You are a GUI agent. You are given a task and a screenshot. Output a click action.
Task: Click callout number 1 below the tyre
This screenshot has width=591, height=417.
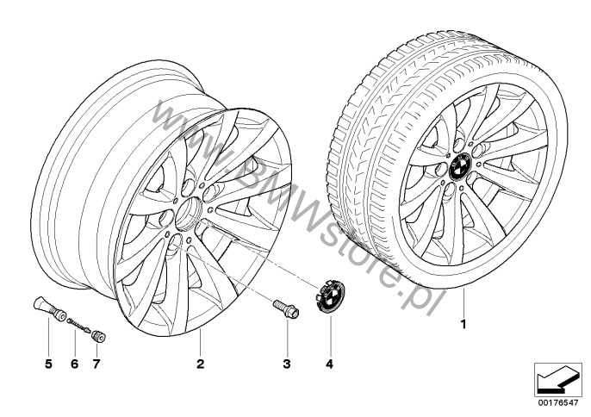(x=463, y=324)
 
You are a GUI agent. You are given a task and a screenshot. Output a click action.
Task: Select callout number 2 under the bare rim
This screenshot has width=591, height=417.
(x=200, y=364)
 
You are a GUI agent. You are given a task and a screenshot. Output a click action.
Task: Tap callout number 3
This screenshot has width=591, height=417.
(x=287, y=364)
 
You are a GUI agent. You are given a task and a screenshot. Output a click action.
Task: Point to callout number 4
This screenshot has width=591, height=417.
(x=330, y=364)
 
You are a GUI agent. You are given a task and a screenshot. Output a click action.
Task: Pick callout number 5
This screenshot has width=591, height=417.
(x=48, y=364)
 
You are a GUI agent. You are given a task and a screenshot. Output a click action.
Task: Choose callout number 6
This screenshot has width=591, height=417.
(x=75, y=364)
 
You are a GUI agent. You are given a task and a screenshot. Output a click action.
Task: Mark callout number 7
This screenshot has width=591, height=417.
(x=96, y=364)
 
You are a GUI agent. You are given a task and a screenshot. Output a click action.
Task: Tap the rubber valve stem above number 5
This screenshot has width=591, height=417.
(x=50, y=308)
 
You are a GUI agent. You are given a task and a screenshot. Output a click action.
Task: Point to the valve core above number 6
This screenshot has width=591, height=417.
(x=78, y=325)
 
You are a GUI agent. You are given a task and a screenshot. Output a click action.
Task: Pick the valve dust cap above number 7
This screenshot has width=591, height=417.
(x=99, y=336)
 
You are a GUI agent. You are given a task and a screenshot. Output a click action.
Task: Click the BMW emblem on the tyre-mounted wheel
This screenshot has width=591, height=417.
(x=461, y=166)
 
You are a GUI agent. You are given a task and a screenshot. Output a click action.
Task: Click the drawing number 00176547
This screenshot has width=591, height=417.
(x=558, y=402)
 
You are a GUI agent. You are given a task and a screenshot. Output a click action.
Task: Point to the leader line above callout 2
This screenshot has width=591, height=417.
(x=200, y=342)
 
